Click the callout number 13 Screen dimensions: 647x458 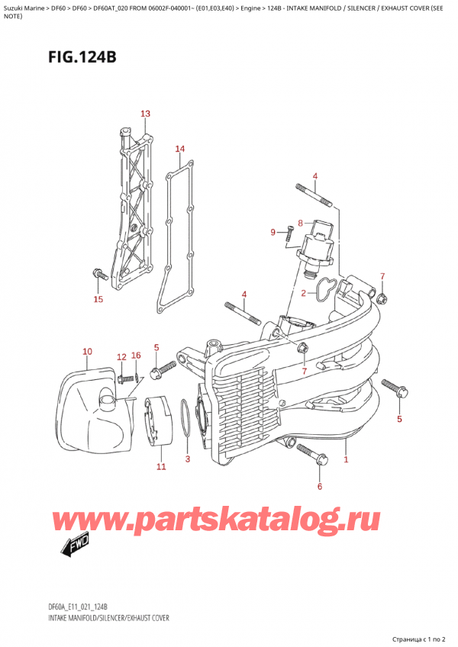(x=146, y=114)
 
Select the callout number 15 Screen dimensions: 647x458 (x=98, y=299)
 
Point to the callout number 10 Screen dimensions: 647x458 (x=87, y=352)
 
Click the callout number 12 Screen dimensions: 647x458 (x=121, y=357)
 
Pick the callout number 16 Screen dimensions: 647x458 (x=136, y=356)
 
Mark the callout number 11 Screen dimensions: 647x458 (x=160, y=466)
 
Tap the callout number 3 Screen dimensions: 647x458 (x=188, y=459)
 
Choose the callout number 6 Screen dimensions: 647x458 (x=320, y=485)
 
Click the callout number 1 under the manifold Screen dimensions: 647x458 (x=346, y=460)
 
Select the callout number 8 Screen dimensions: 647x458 (x=301, y=224)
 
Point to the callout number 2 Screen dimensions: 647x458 (x=303, y=293)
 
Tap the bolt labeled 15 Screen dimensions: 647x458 (x=98, y=272)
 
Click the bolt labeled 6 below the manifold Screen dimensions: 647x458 (x=315, y=459)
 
